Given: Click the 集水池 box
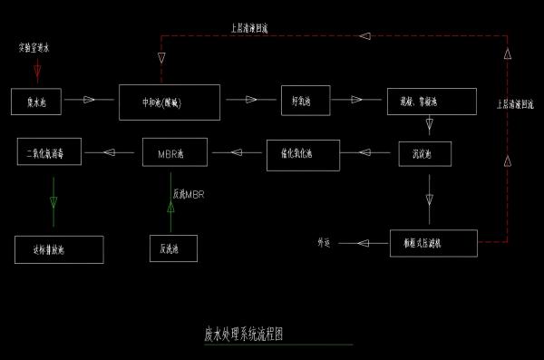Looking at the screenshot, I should click(x=36, y=101).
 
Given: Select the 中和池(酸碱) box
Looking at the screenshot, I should click(x=170, y=101).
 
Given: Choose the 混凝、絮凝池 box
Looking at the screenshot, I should click(x=432, y=101).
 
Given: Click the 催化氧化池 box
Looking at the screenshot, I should click(x=303, y=154).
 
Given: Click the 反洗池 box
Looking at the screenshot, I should click(x=172, y=247).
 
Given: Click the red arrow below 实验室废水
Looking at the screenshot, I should click(x=37, y=70).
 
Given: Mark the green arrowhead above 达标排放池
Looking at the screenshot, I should click(x=53, y=201).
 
